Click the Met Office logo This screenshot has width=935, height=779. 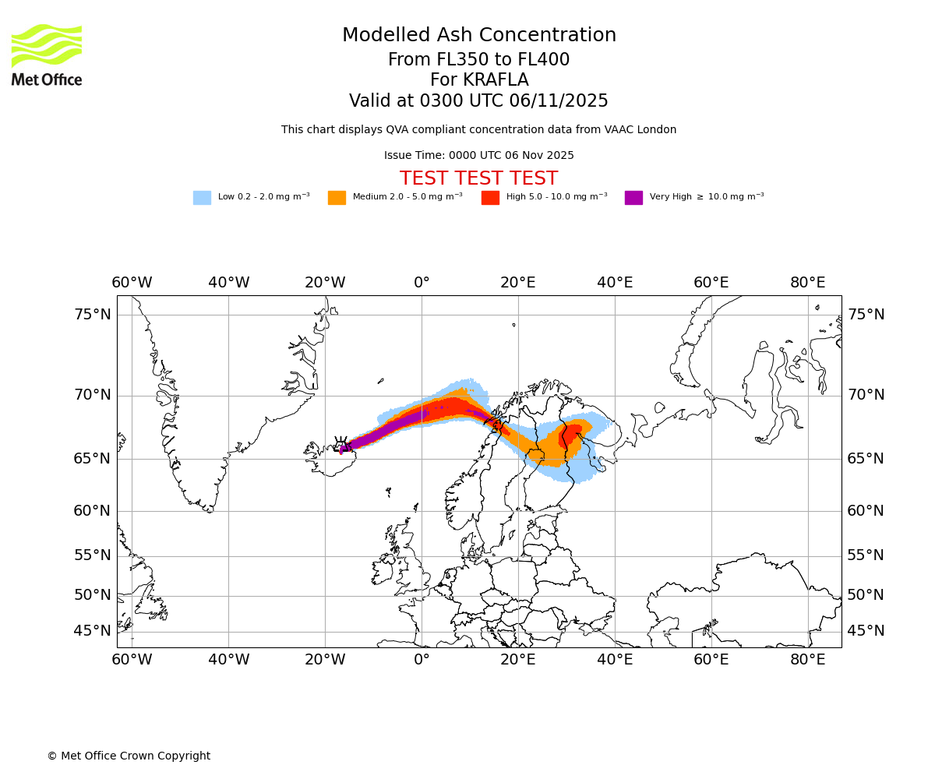coord(47,55)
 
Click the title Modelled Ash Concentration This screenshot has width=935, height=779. coord(479,35)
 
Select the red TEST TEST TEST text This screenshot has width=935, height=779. coord(478,178)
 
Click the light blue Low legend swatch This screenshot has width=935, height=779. coord(202,198)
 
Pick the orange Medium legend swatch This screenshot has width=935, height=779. coord(337,198)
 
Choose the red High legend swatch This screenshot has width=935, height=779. coord(490,198)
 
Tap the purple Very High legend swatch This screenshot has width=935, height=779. coord(633,198)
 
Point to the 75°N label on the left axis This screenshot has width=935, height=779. coord(93,315)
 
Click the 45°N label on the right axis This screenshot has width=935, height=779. coord(866,631)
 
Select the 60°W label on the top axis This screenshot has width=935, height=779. coord(132,282)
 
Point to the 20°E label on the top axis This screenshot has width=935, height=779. coord(518,282)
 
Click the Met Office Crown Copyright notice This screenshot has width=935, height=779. coord(129,756)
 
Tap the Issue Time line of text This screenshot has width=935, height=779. coord(478,155)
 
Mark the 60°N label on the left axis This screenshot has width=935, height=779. coord(93,511)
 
